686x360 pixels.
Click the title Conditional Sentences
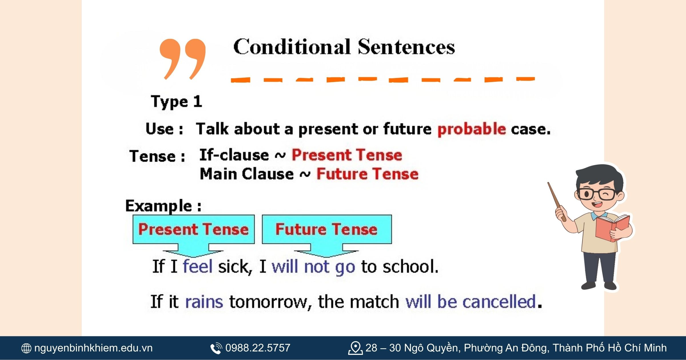[x=344, y=47]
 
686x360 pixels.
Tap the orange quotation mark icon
[x=183, y=59]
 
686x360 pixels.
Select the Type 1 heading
[x=177, y=102]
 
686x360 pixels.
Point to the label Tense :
[x=157, y=156]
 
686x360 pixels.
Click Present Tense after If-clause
[x=347, y=155]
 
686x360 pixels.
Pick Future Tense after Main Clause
[x=367, y=174]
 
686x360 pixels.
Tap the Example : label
[x=163, y=206]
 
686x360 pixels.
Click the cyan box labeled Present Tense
[x=194, y=229]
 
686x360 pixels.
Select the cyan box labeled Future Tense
[x=327, y=229]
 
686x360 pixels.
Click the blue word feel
[x=198, y=266]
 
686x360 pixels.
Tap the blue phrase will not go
[x=313, y=267]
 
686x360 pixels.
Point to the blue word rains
[x=204, y=302]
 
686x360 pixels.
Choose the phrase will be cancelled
[x=471, y=302]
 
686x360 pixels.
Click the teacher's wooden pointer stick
[x=557, y=201]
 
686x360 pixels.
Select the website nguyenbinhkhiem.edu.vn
[x=93, y=348]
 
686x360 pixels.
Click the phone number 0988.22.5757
[x=258, y=348]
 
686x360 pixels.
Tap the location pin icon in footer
[x=355, y=348]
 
